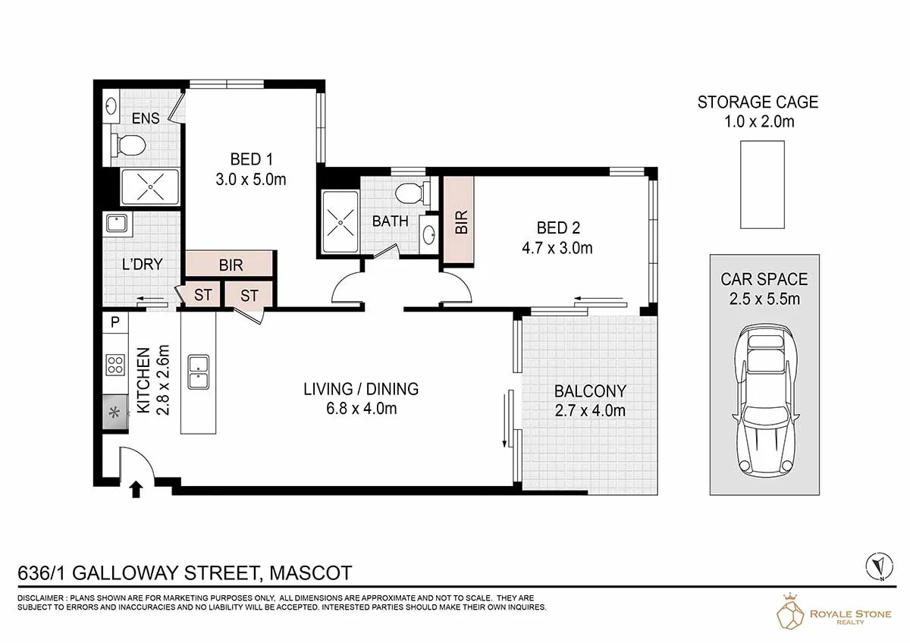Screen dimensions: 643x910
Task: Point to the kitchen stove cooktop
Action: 115,365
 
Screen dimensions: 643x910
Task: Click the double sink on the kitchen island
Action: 198,372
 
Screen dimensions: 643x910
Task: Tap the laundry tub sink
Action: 116,224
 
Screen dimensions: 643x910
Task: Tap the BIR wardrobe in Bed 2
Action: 458,220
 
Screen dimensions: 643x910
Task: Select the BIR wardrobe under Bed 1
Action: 230,265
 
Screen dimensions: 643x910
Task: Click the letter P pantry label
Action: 115,322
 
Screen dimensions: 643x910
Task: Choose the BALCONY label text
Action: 590,391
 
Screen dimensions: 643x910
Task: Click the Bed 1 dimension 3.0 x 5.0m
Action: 251,180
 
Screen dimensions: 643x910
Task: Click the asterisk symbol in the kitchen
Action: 115,413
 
